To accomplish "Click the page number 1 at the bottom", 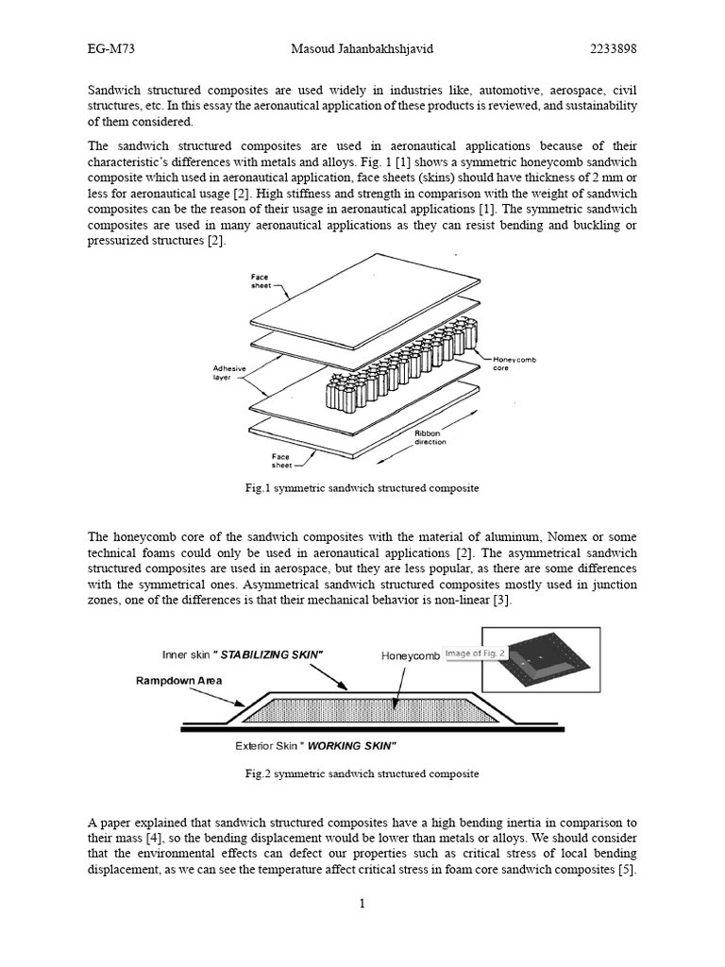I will [362, 904].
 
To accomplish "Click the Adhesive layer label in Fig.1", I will [229, 372].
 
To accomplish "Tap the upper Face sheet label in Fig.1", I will [260, 280].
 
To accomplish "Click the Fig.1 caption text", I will [362, 488].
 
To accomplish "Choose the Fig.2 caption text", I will [362, 773].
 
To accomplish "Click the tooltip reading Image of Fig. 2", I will [476, 653].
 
